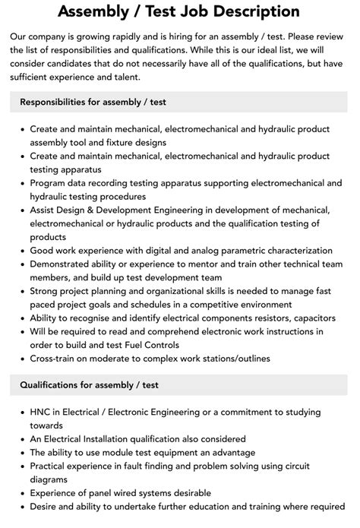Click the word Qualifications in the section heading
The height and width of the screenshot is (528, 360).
pyautogui.click(x=52, y=386)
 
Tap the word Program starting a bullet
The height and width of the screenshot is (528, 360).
pyautogui.click(x=52, y=183)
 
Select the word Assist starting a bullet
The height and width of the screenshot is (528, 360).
pyautogui.click(x=46, y=210)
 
